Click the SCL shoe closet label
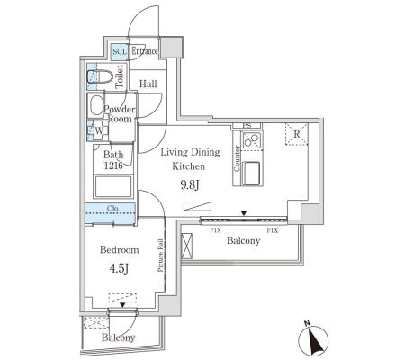click(x=120, y=51)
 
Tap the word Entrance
click(x=145, y=51)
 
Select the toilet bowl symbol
click(x=100, y=76)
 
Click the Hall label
click(x=148, y=84)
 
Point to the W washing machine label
click(x=99, y=130)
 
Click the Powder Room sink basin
click(x=96, y=105)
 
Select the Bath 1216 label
click(x=113, y=160)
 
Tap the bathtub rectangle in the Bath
click(x=113, y=186)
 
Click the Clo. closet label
click(x=113, y=208)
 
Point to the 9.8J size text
click(x=190, y=185)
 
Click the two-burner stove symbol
click(x=251, y=139)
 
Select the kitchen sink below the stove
click(x=252, y=173)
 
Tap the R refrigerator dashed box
click(x=297, y=134)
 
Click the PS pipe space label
click(x=247, y=126)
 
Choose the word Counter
click(x=237, y=158)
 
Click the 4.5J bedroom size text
click(x=119, y=268)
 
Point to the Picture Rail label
click(x=161, y=256)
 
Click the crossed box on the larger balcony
click(x=187, y=246)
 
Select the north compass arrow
click(x=313, y=340)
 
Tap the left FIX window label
click(x=215, y=230)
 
